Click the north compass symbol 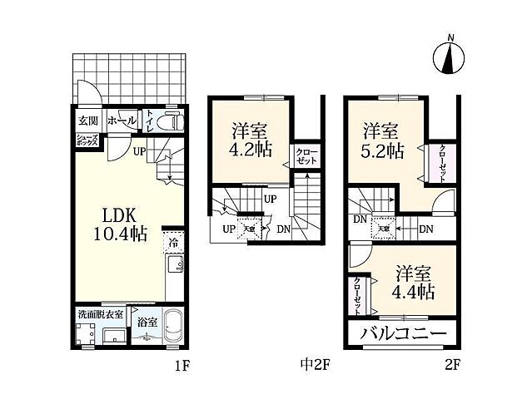[x=451, y=57]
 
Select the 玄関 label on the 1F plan [x=77, y=121]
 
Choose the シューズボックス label [x=87, y=140]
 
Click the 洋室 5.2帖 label [x=383, y=140]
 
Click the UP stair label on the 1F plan [x=139, y=152]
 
